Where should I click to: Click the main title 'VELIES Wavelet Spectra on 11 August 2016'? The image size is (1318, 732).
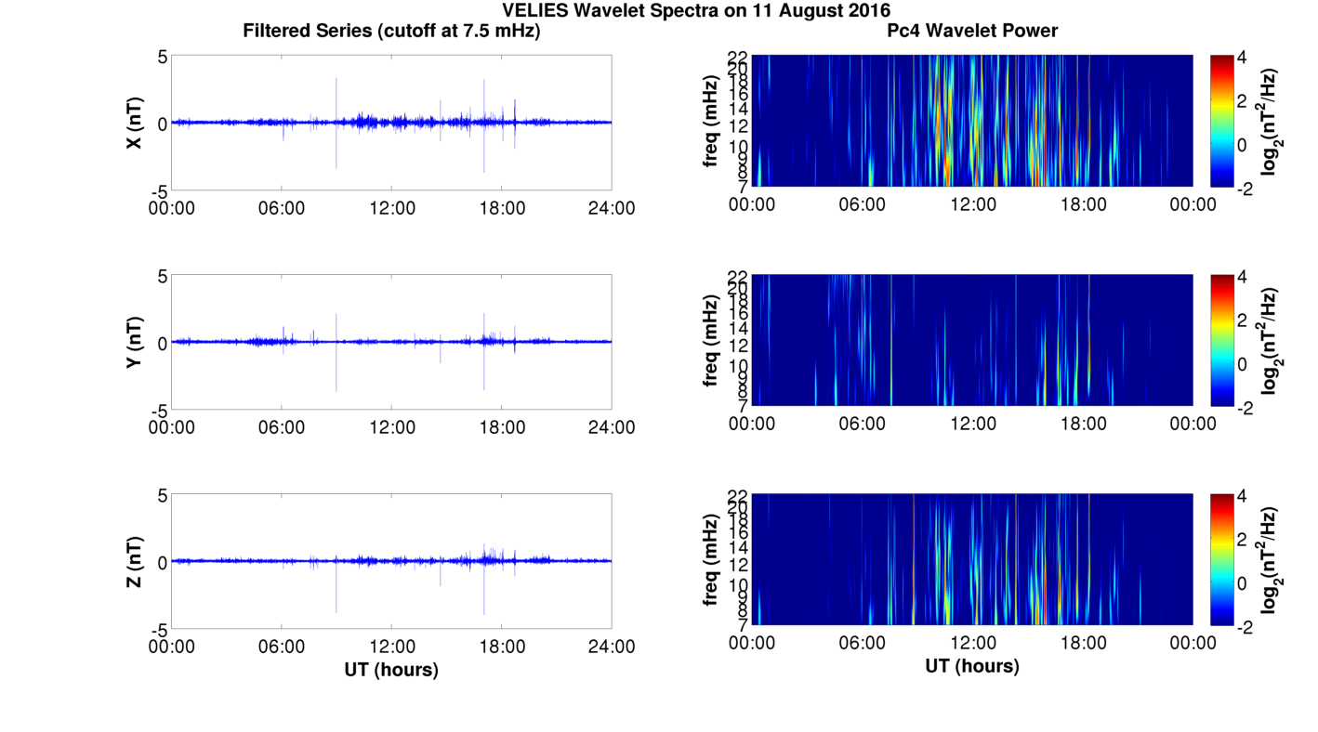tap(695, 11)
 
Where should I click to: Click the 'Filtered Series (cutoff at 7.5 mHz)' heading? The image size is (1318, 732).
tap(391, 31)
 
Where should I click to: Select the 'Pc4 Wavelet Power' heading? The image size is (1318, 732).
tap(972, 31)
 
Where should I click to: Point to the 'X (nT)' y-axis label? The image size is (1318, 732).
tap(134, 123)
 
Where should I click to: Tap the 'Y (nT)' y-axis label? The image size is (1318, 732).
tap(134, 342)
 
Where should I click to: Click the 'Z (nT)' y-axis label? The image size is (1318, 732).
tap(134, 561)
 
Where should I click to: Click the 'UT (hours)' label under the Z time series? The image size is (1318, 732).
tap(391, 669)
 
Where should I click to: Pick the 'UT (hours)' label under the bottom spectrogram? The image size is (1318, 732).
tap(972, 666)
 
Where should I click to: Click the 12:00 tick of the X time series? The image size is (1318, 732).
tap(391, 207)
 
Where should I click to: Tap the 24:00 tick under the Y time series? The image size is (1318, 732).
tap(612, 426)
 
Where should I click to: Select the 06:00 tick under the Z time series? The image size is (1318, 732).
tap(282, 646)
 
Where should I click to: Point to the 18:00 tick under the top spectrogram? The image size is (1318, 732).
tap(1083, 203)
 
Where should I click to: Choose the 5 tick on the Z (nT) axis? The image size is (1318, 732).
tap(162, 495)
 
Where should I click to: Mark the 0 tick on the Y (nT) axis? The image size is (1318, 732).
tap(162, 343)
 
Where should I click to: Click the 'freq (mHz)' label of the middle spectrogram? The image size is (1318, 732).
tap(712, 341)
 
